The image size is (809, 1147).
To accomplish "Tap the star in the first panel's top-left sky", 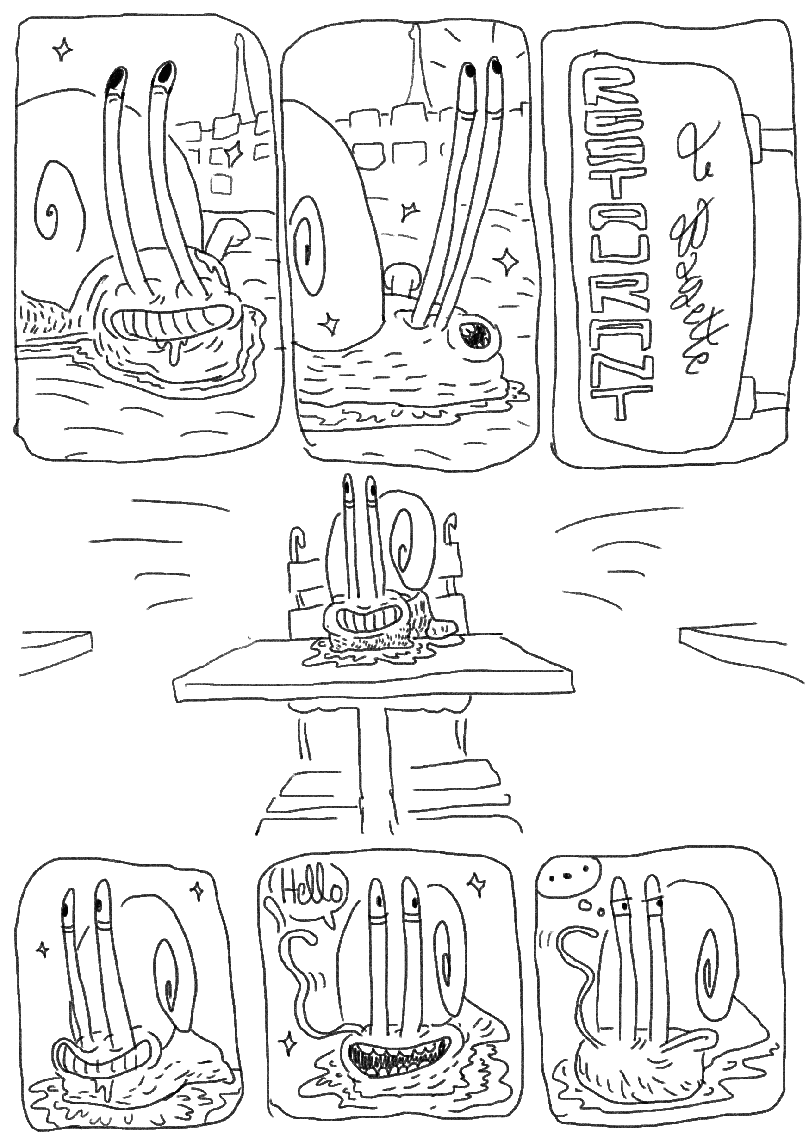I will click(x=63, y=49).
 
